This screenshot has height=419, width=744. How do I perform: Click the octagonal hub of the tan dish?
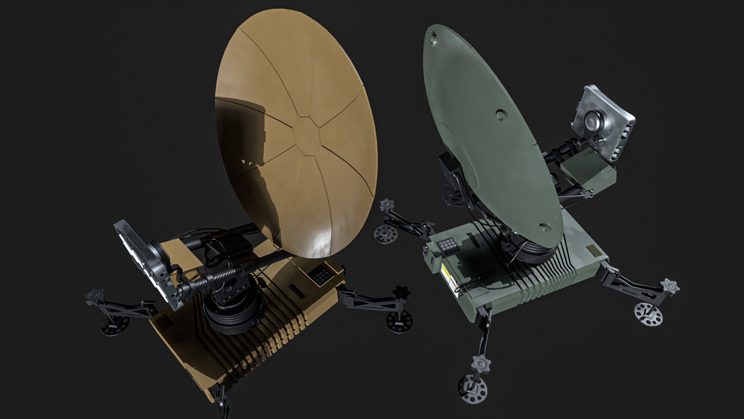(x=307, y=135)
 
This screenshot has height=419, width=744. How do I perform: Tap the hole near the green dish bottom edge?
(x=544, y=227)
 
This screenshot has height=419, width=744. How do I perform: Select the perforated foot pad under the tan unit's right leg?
(x=399, y=322)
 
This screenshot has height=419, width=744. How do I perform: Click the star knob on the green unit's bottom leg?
(x=482, y=364)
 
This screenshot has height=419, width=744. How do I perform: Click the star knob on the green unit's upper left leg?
(x=387, y=205)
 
